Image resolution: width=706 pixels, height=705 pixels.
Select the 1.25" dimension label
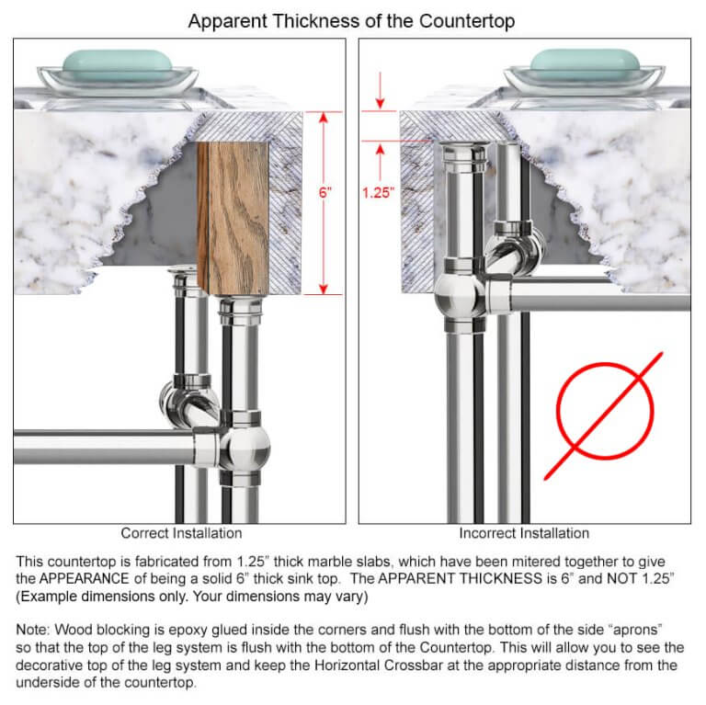point(378,193)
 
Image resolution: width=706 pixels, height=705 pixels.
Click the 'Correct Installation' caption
point(181,533)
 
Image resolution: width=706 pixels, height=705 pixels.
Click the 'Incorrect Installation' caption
point(524,533)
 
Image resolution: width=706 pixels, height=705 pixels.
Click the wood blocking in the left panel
point(233,217)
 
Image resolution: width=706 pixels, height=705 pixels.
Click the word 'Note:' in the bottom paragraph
point(35,630)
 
